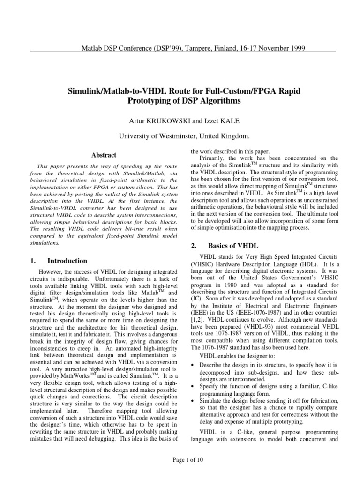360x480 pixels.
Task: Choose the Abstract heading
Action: (104, 155)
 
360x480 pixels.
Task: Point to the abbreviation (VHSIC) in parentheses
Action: (203, 265)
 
